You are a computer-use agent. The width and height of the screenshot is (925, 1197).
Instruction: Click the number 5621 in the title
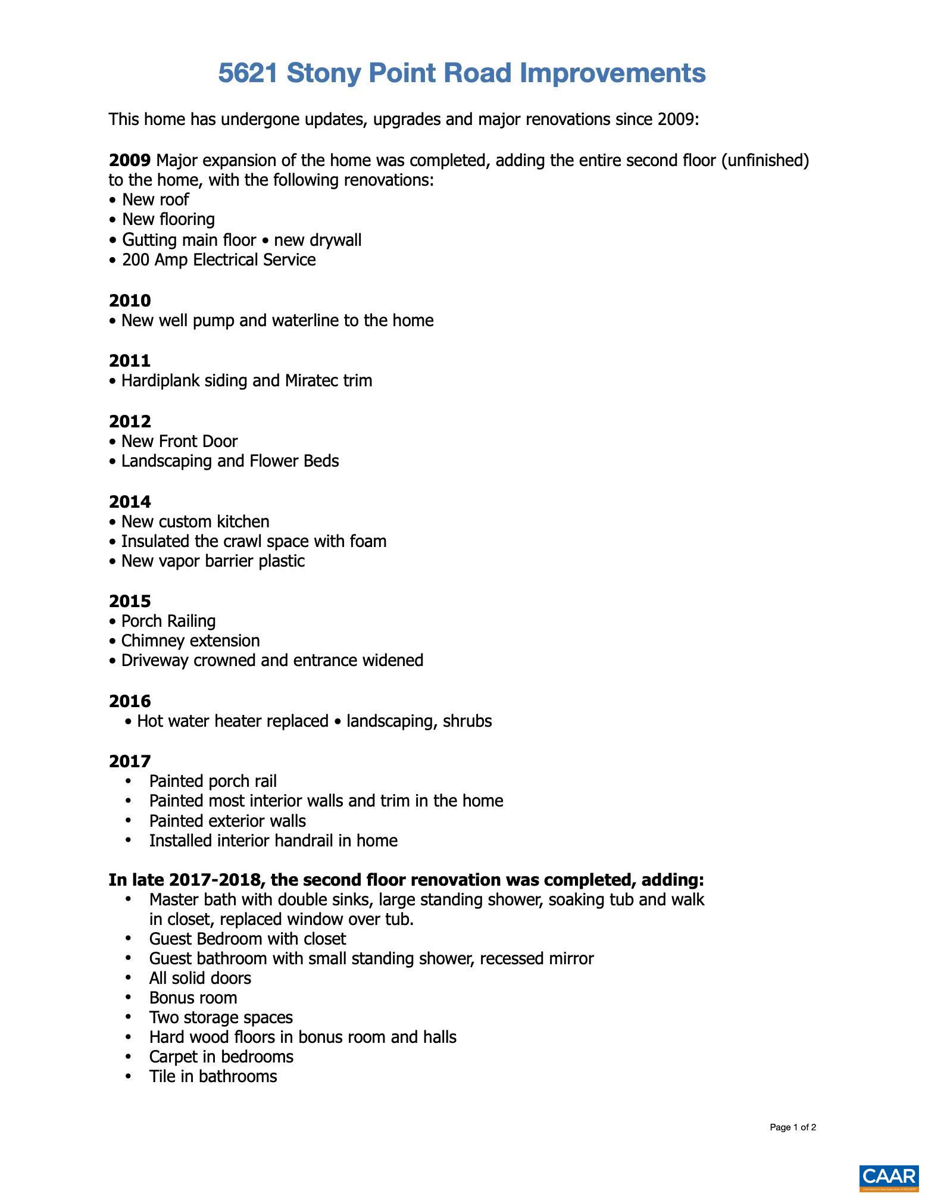point(248,73)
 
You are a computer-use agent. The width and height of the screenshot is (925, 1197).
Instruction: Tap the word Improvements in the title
point(612,73)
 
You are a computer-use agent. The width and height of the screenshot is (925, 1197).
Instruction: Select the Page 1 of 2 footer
point(792,1127)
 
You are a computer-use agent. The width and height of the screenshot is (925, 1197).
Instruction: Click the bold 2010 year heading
point(130,301)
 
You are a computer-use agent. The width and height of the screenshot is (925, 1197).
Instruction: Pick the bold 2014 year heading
point(130,502)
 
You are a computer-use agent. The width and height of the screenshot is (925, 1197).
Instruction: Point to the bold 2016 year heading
point(130,701)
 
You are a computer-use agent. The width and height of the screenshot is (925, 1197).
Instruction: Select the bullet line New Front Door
point(179,441)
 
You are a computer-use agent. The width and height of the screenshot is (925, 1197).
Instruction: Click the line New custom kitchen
point(195,521)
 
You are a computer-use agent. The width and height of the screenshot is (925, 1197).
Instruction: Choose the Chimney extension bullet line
point(190,640)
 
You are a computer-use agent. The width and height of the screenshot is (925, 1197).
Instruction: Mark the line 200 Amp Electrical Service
point(218,260)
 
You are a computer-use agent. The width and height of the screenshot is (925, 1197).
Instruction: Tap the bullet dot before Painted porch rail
point(128,781)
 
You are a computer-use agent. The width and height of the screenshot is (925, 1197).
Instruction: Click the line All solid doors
point(200,978)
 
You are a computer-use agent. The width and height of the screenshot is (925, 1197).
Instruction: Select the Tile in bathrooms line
point(212,1076)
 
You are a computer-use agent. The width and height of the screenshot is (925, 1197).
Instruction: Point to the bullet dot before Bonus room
point(128,998)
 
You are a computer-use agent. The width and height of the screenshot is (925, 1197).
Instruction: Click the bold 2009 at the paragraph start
point(130,161)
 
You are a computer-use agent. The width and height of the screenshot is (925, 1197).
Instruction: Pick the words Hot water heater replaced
point(232,721)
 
